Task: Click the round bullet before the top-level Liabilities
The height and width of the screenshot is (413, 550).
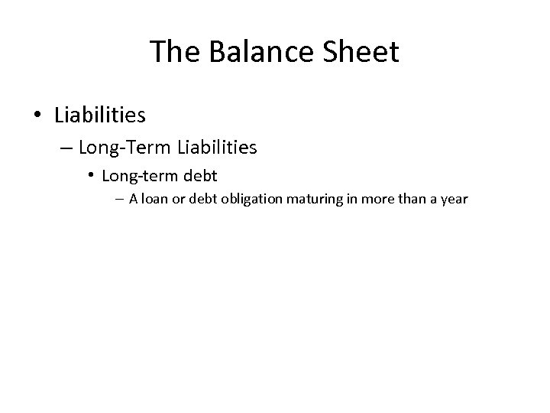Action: coord(38,115)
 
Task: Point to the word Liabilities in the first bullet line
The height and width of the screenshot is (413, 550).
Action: coord(100,115)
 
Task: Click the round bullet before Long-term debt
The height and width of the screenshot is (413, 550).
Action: coord(90,175)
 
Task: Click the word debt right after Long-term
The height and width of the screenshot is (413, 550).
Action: coord(200,176)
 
